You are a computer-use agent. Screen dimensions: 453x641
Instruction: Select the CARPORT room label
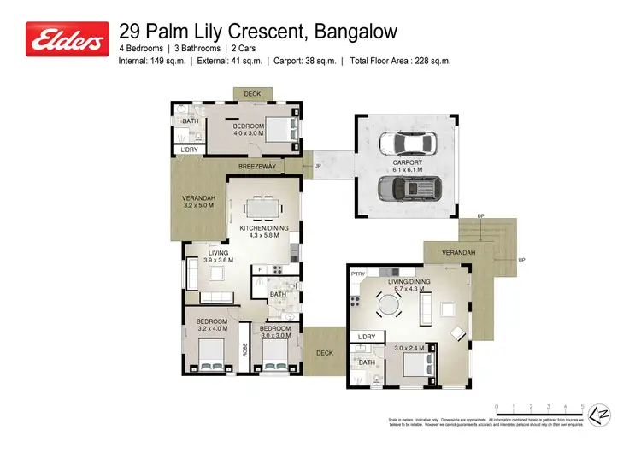(407, 162)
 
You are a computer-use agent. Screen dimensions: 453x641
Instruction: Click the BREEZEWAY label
(256, 167)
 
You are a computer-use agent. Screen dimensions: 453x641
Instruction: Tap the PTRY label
(358, 274)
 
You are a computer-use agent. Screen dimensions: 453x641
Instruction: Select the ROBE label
(244, 349)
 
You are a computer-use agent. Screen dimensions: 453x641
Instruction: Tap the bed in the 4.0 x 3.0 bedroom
(283, 129)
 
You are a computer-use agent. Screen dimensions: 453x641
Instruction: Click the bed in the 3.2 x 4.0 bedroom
(210, 351)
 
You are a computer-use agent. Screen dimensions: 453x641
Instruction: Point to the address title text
(258, 32)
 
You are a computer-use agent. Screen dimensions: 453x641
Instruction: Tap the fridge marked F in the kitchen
(259, 270)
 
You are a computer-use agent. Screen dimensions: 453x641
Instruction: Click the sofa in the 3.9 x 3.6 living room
(193, 274)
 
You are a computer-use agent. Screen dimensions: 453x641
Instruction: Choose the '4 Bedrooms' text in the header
(141, 49)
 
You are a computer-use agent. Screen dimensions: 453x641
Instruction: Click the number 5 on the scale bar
(583, 407)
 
